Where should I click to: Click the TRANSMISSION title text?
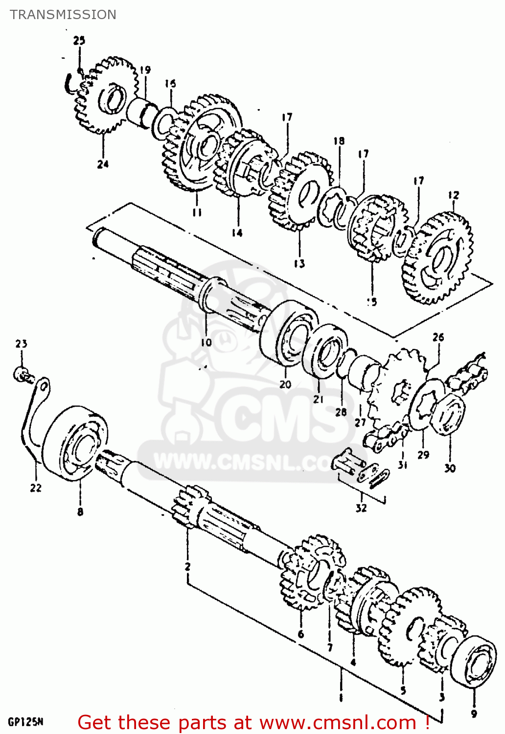tap(63, 15)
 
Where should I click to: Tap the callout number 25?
tap(79, 41)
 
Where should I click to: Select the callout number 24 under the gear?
tap(103, 164)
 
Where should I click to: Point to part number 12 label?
tap(454, 195)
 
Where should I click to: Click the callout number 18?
tap(339, 141)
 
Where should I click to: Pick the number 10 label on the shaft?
tap(206, 342)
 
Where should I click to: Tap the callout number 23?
tap(21, 344)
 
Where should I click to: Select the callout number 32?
tap(361, 508)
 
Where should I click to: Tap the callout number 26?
tap(438, 337)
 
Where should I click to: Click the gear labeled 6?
tap(308, 575)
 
